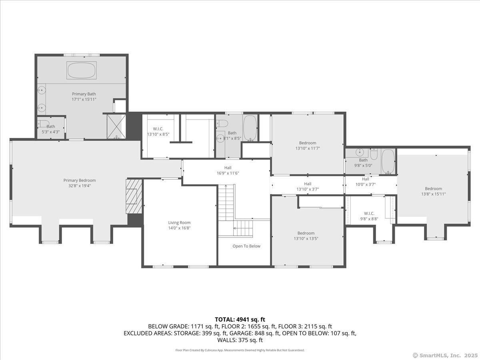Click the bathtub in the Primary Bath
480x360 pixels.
pos(82,70)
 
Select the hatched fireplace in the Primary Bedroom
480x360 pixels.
pos(134,196)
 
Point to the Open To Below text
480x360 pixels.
pos(246,246)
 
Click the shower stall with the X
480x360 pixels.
pos(116,126)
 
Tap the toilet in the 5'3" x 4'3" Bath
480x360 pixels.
pos(43,124)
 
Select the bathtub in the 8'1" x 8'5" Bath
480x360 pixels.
pos(250,128)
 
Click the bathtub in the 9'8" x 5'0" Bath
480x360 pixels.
pos(388,161)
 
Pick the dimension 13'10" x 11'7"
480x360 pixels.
pos(308,148)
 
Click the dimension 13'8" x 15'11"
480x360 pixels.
pos(434,194)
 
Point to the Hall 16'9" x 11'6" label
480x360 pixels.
pos(228,170)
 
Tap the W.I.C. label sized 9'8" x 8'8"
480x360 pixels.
pos(369,216)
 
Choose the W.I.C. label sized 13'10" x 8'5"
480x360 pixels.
pos(158,132)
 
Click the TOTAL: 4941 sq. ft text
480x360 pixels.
pos(240,320)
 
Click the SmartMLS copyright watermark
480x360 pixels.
pos(445,355)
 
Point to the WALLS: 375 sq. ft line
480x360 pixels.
pos(240,340)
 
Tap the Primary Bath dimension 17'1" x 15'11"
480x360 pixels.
pos(84,99)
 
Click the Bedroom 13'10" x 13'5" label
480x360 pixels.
pos(306,236)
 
